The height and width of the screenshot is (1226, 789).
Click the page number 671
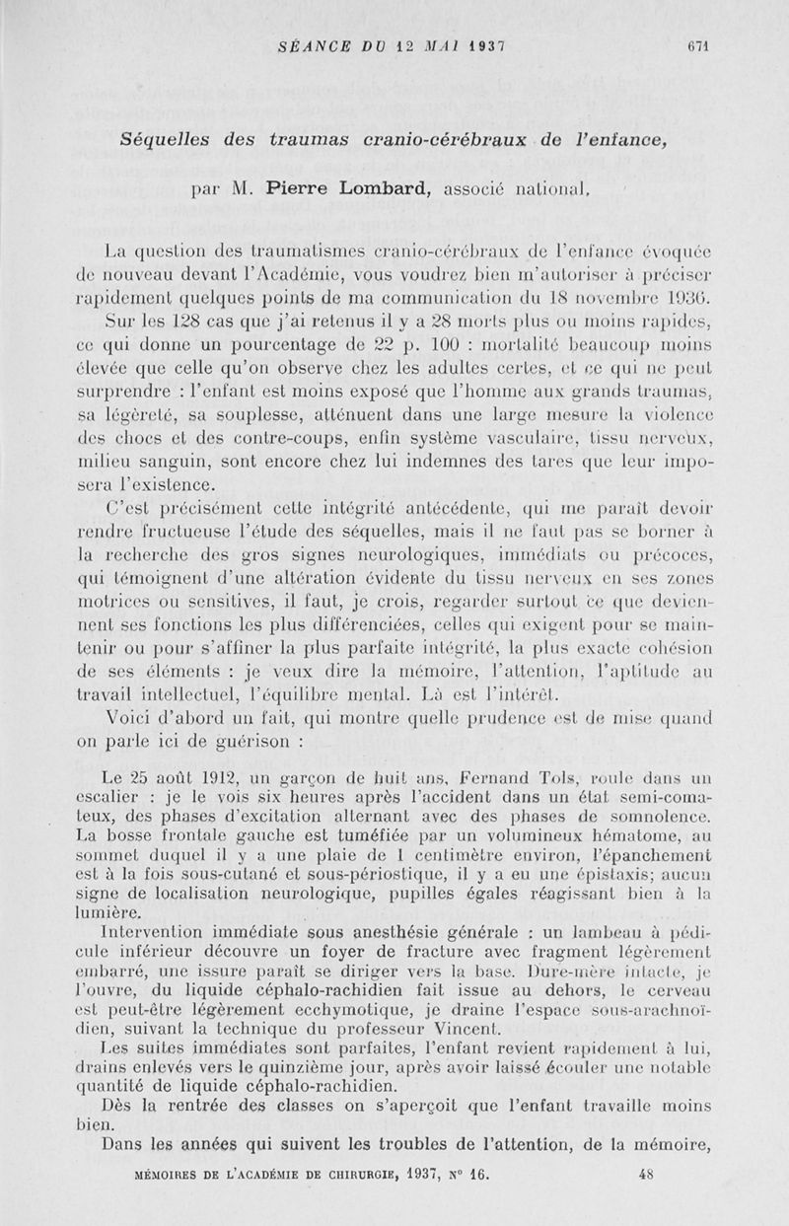700,46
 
